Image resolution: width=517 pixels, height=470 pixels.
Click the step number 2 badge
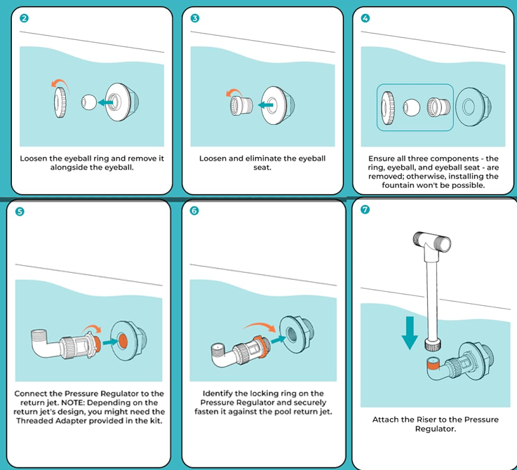25,18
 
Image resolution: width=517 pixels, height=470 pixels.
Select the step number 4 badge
365,18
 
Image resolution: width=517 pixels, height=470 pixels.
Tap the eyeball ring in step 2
60,102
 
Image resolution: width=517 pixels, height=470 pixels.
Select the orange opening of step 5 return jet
121,338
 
